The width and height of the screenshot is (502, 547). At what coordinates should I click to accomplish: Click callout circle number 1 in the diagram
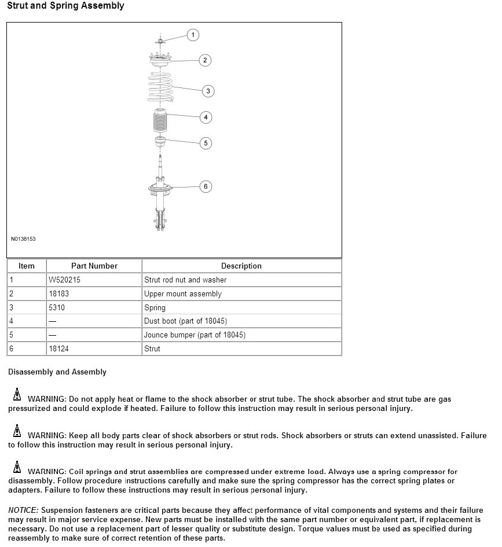[193, 35]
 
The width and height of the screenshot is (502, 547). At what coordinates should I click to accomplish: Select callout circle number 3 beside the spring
[208, 91]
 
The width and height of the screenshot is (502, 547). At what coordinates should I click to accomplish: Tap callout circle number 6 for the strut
[205, 186]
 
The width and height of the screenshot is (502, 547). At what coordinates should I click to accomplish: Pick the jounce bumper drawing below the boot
[160, 142]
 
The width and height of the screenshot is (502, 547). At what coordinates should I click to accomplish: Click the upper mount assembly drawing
[159, 61]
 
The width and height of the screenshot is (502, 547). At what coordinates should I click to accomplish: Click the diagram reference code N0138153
[23, 238]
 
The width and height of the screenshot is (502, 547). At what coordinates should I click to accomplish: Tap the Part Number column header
[94, 266]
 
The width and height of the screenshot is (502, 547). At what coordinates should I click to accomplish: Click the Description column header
[241, 266]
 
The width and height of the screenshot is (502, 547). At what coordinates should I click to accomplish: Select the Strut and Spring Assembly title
[65, 6]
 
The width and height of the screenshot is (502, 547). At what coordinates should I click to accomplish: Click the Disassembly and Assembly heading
[57, 372]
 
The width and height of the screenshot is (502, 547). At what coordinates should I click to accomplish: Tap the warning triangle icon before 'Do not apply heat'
[17, 397]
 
